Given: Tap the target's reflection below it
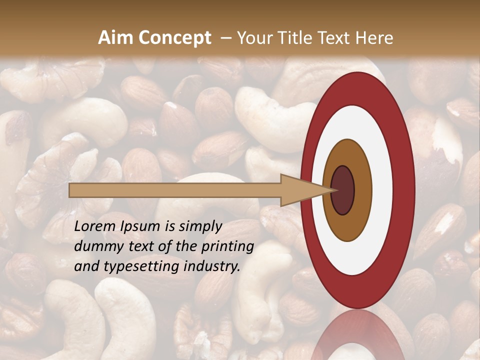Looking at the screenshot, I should pos(357,335).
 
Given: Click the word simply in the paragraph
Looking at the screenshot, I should pos(199,226).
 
